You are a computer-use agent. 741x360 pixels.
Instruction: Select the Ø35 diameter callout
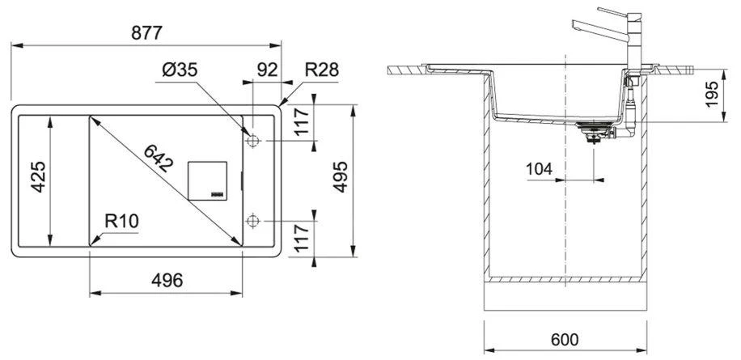coord(180,72)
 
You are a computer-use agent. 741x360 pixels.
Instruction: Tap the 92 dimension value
coord(266,70)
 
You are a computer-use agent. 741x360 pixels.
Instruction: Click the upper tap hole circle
coord(253,141)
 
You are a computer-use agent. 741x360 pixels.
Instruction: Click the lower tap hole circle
coord(253,220)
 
